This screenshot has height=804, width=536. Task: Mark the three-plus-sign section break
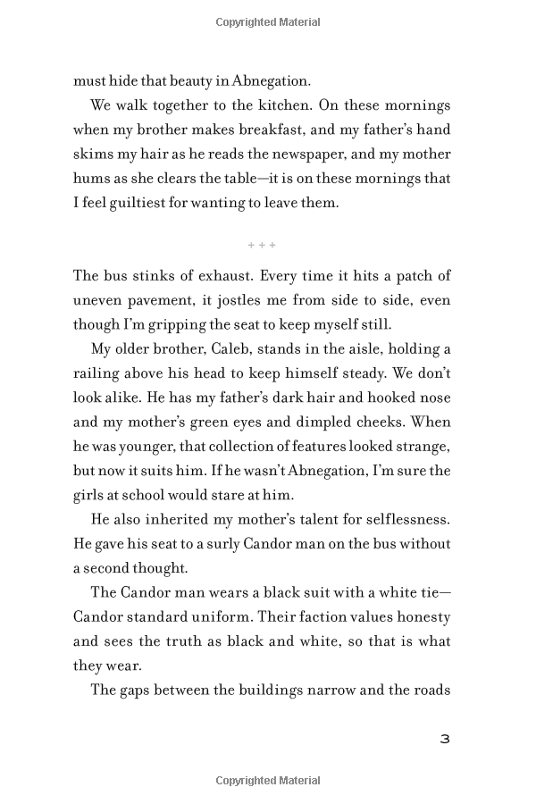262,245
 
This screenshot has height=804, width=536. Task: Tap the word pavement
152,300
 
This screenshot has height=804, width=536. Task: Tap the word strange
423,446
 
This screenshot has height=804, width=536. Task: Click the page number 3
444,739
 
